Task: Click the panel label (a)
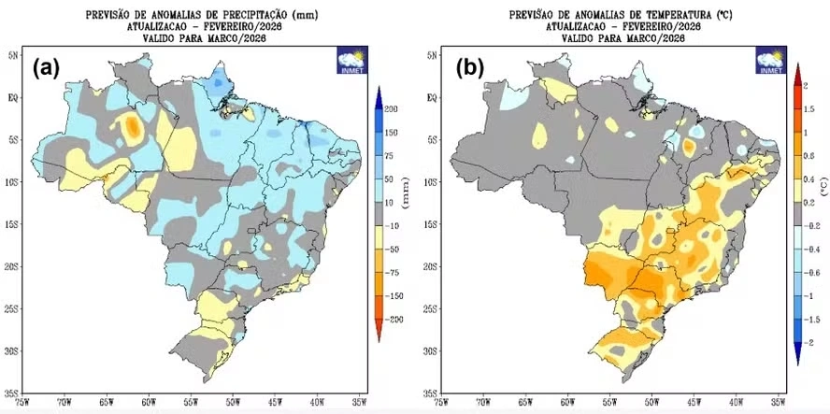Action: [x=48, y=67]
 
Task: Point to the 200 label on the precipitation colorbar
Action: [x=393, y=109]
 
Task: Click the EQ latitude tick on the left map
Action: [x=13, y=96]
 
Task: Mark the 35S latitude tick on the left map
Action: [x=13, y=393]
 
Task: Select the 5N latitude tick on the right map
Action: [x=433, y=55]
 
